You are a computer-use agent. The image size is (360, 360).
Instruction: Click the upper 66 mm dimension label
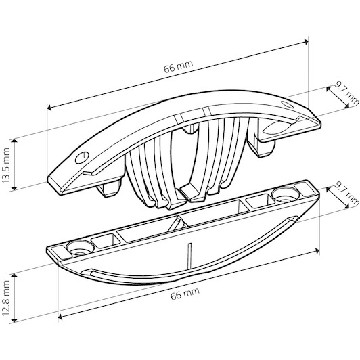[179, 66]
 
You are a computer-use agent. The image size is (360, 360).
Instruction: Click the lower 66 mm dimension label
[185, 294]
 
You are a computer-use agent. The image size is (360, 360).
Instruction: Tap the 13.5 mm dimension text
[6, 166]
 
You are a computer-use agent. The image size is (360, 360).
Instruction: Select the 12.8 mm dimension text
[6, 298]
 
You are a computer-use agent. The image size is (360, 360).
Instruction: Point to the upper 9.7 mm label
[346, 94]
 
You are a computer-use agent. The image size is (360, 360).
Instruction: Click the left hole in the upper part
[82, 158]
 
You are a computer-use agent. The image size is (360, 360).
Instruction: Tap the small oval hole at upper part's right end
[288, 104]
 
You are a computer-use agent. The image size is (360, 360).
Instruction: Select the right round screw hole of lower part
[286, 195]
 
